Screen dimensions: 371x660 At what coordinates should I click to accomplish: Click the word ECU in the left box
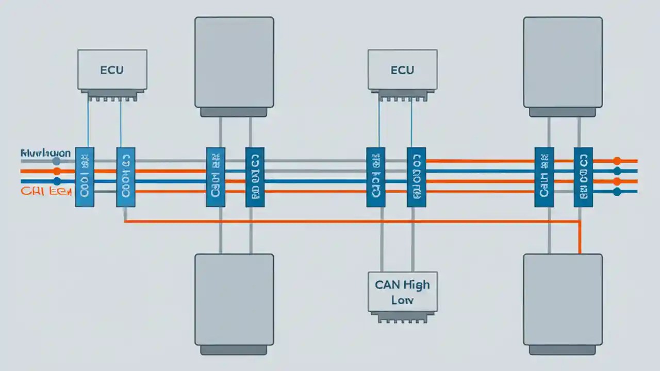(112, 70)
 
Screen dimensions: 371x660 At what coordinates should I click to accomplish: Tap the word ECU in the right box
(402, 70)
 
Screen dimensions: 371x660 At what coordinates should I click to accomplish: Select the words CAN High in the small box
(402, 284)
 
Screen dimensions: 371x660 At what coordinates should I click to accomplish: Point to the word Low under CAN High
(402, 299)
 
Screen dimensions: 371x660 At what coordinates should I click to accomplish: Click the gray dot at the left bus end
(56, 161)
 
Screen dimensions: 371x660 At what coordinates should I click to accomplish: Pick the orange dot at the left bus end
(56, 171)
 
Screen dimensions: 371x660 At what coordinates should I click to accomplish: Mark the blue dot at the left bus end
(56, 181)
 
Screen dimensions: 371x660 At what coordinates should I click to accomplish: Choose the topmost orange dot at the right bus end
(617, 161)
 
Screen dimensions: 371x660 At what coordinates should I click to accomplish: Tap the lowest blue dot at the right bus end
(617, 192)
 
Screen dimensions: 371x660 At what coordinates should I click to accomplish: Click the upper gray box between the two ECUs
(234, 62)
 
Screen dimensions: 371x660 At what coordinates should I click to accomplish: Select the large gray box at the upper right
(563, 62)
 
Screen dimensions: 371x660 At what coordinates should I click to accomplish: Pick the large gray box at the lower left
(234, 299)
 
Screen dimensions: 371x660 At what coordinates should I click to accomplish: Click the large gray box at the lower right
(563, 299)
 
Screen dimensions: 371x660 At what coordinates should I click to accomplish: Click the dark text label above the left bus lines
(45, 153)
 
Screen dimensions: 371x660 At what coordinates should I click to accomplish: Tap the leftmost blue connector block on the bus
(85, 177)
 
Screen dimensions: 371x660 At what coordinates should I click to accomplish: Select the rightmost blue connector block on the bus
(583, 177)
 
